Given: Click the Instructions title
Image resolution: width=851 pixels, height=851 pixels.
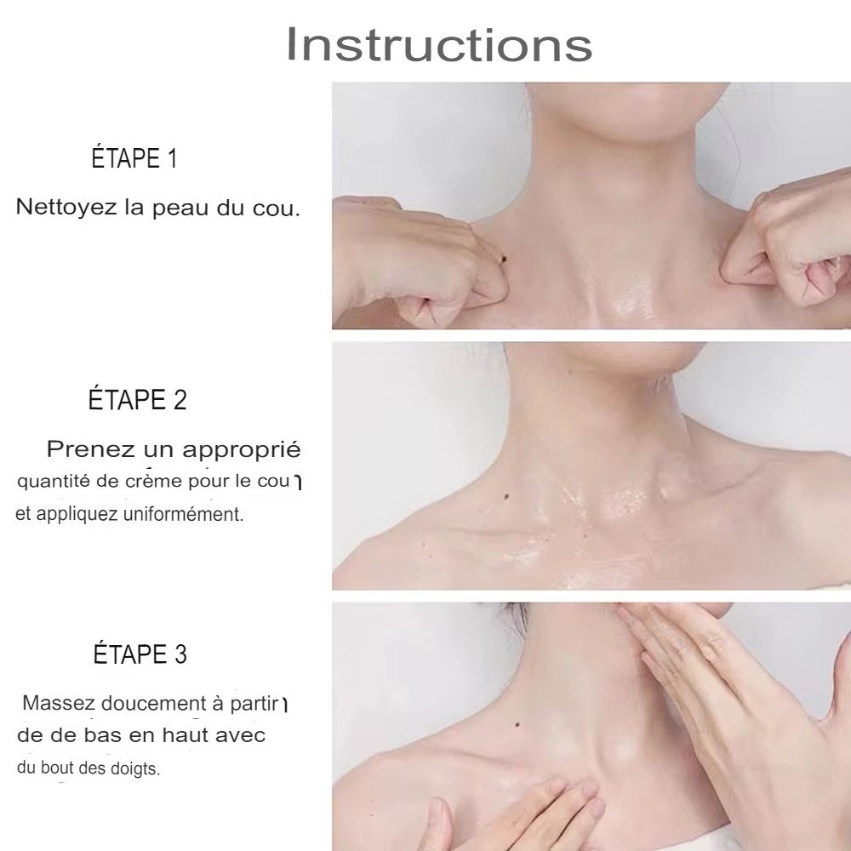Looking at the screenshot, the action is click(439, 43).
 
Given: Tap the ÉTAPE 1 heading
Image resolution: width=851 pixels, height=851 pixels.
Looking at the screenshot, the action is click(134, 158).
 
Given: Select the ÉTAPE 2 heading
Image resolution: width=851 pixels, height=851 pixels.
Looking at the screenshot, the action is click(137, 399).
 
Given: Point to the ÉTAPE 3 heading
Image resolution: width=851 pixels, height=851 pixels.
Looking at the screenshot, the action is click(140, 654).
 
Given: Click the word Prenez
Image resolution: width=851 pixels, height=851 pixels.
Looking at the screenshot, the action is click(91, 449).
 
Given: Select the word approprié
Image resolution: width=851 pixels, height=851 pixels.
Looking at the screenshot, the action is click(242, 450).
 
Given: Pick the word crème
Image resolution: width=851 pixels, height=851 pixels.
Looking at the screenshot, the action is click(154, 481).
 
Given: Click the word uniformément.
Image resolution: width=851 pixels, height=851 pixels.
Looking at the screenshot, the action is click(184, 513).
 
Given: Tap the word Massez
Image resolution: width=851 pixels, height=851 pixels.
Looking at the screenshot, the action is click(60, 703).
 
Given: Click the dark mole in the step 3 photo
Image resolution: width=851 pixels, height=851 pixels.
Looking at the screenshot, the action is click(517, 724).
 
